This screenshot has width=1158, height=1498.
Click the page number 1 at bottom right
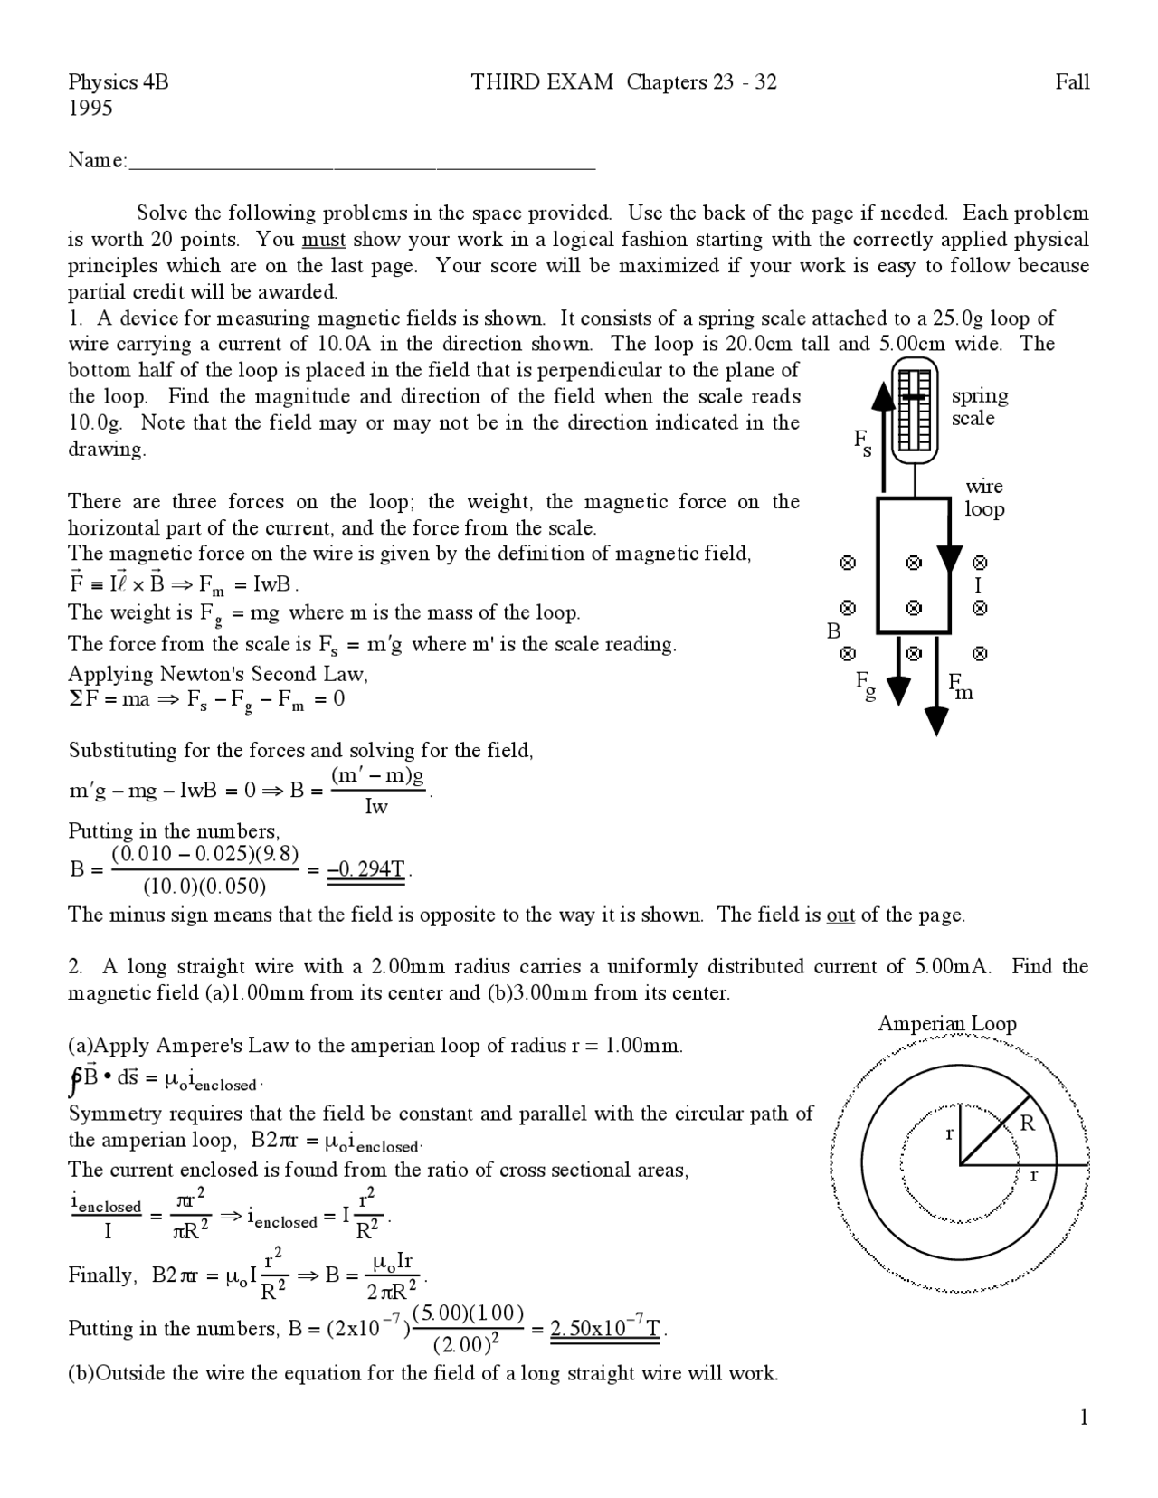[x=1083, y=1417]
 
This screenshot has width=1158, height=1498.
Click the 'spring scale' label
[x=979, y=407]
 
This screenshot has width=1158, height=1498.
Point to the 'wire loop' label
[x=983, y=498]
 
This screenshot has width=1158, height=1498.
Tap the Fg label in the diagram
[x=866, y=686]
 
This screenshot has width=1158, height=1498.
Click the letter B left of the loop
[x=833, y=630]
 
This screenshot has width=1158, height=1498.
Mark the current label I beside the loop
[x=978, y=585]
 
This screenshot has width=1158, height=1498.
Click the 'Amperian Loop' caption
[x=946, y=1023]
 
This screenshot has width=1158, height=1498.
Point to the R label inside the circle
[x=1027, y=1123]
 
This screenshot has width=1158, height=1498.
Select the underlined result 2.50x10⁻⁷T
[x=607, y=1329]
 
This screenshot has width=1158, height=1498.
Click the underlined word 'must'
[x=323, y=240]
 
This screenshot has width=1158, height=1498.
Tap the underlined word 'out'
[x=840, y=915]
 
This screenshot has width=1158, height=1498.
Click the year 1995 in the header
[x=90, y=109]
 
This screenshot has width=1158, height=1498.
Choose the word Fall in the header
[x=1071, y=82]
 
